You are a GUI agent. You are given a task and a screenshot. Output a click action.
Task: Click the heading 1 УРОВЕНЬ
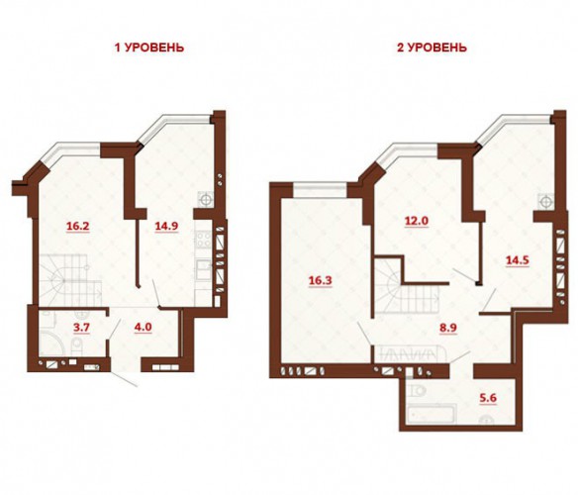point(149,48)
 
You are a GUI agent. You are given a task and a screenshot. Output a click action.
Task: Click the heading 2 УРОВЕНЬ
point(432,48)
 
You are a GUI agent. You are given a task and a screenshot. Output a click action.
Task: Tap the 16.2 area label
point(78,226)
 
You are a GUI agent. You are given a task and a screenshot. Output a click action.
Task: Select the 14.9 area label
point(166,226)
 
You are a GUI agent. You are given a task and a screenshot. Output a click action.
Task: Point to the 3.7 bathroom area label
point(82,328)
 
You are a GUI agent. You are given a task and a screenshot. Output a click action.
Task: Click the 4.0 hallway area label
point(144,327)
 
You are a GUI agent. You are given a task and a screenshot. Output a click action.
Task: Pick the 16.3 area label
point(320,280)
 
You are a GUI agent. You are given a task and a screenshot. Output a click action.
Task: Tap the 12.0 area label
point(417,221)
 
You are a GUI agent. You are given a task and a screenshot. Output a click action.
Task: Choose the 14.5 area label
point(518,260)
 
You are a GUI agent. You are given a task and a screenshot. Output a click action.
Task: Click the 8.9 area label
point(448,328)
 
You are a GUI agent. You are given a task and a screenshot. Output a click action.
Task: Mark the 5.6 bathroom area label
point(489,398)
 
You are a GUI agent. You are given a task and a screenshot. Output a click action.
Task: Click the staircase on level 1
point(70,279)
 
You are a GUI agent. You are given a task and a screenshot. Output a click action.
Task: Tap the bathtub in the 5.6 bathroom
point(431,413)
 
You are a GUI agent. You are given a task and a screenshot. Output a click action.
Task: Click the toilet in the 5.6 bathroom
point(418,389)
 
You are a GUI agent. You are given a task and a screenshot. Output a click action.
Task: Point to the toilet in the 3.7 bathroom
point(78,346)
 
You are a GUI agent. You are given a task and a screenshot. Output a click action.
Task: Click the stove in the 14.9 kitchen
point(203,239)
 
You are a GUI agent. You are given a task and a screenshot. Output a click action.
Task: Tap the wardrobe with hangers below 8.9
point(410,354)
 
